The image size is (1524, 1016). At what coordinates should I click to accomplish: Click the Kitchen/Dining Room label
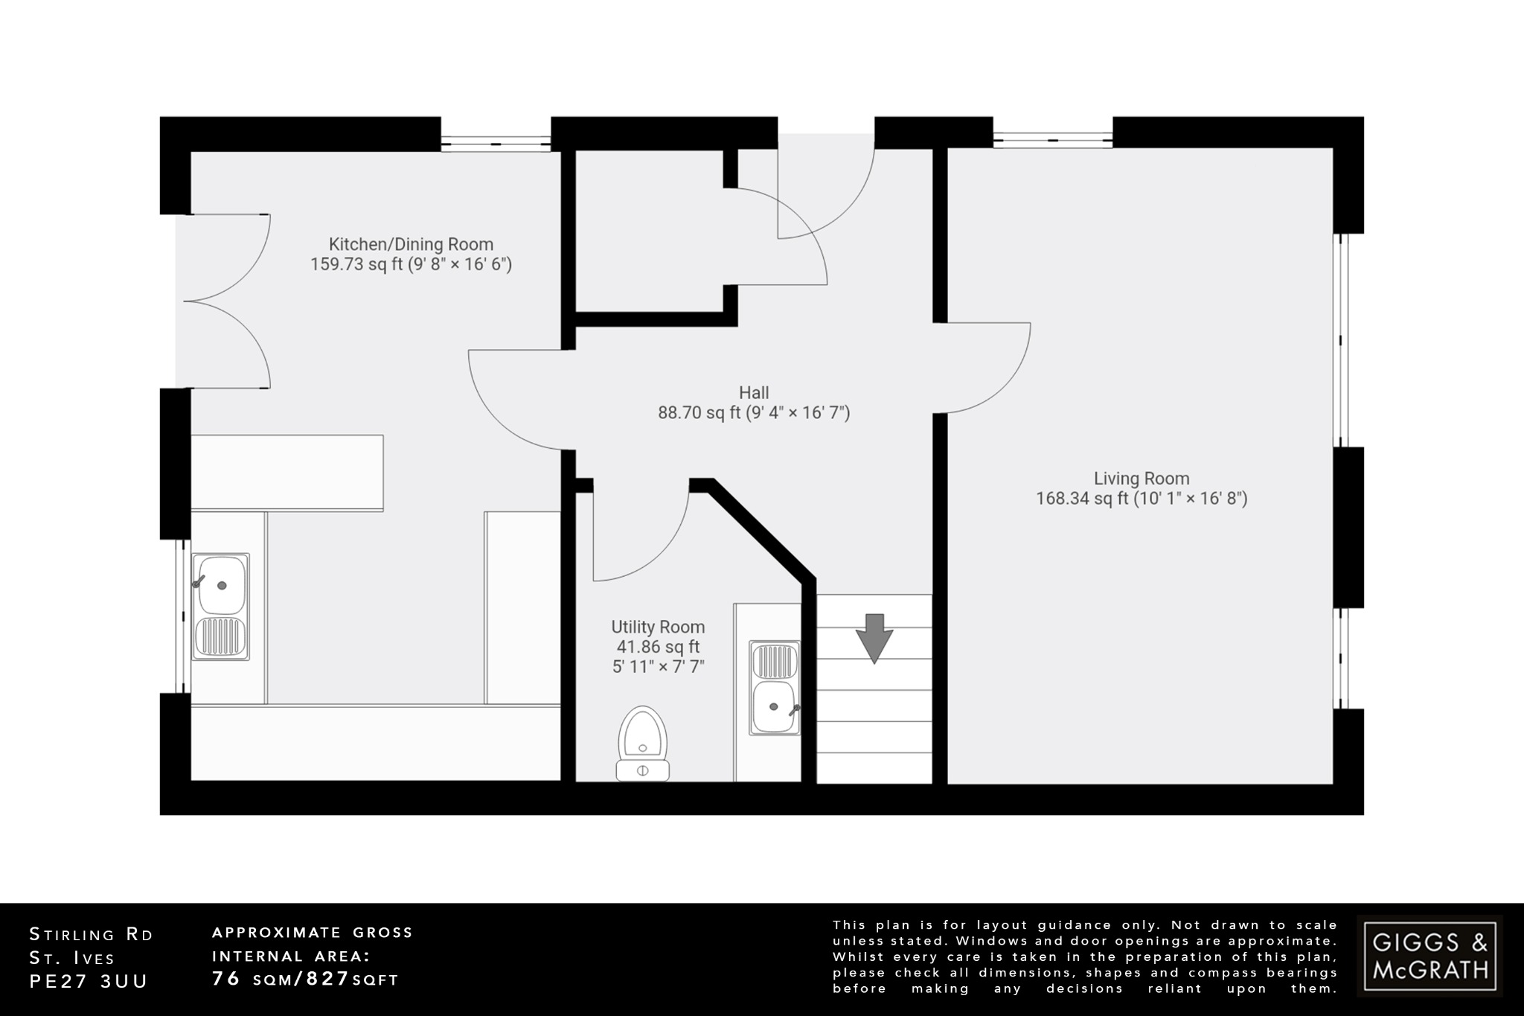[411, 244]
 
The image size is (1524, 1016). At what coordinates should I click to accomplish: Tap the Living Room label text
[1142, 479]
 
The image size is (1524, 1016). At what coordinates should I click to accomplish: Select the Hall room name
[754, 392]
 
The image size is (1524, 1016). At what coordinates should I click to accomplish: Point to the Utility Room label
[658, 627]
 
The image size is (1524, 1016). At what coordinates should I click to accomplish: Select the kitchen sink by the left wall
[220, 607]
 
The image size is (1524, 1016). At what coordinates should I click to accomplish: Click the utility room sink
[775, 688]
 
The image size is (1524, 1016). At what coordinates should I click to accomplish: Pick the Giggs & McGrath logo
[1429, 956]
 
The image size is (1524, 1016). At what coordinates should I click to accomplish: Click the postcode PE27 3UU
[89, 981]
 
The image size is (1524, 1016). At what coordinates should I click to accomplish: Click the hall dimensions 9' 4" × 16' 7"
[798, 412]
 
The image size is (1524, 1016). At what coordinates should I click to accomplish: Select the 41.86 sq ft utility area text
[658, 647]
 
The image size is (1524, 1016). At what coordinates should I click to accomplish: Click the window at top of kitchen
[496, 140]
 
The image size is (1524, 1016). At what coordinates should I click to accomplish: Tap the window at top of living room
[1052, 138]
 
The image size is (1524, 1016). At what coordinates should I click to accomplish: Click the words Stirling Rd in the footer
[91, 935]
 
